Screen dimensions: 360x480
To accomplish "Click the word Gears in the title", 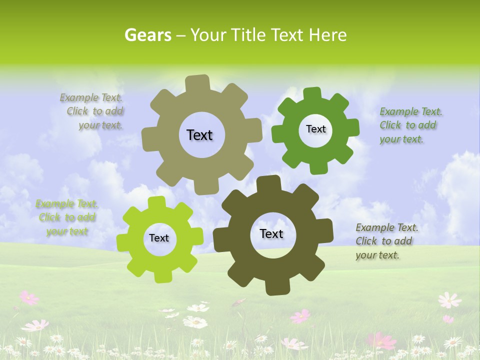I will (147, 35).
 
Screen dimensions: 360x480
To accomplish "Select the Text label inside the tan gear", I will (199, 135).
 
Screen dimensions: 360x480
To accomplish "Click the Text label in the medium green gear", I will (315, 129).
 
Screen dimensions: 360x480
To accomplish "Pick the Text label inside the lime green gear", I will (159, 238).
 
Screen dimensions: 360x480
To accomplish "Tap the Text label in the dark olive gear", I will (271, 233).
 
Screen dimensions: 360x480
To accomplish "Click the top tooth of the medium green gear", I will (312, 94).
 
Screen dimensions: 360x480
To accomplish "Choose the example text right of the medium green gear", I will (410, 125).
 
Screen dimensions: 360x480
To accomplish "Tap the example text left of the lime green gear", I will (66, 217).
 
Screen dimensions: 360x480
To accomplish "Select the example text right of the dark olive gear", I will (386, 241).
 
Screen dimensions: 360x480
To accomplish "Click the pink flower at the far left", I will (29, 298).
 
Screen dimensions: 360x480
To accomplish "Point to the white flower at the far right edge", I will (449, 300).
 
